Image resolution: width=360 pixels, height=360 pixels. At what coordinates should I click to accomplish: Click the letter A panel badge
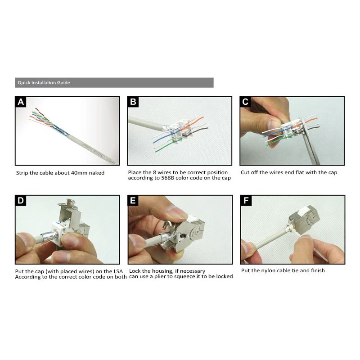click(x=21, y=102)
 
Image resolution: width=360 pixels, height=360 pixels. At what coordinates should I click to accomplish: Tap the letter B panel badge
click(x=133, y=102)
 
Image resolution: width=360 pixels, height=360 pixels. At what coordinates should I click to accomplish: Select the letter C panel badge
click(x=245, y=102)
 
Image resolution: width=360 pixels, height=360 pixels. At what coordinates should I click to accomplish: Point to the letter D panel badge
click(x=21, y=201)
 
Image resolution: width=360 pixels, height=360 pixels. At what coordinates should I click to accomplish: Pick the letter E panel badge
click(x=133, y=201)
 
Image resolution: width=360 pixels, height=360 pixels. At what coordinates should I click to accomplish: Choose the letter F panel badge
click(x=245, y=201)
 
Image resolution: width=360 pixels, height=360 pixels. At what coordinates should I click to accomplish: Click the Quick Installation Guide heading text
click(x=44, y=83)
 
